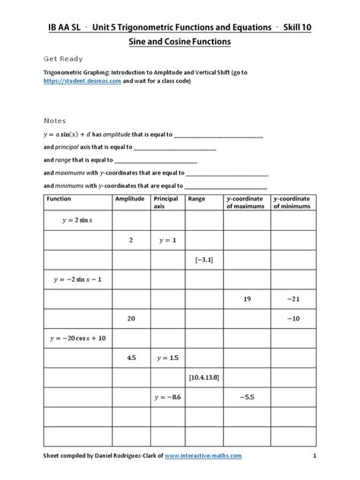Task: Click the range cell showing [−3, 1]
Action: coord(203,260)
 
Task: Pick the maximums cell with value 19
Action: coord(247,298)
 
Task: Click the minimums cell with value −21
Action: coord(293,298)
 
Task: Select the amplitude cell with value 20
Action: coord(131,318)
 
